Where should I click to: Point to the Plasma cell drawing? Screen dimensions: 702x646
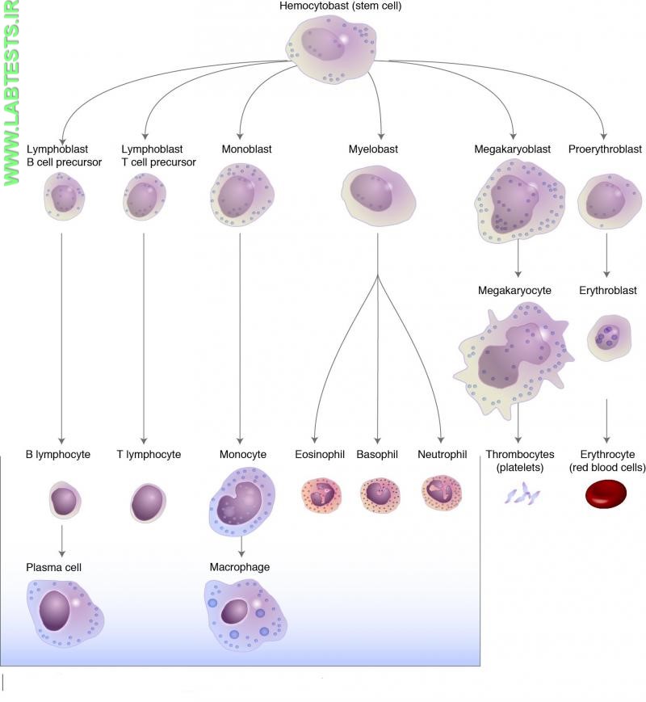(x=65, y=612)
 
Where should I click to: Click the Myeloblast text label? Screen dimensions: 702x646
(x=373, y=149)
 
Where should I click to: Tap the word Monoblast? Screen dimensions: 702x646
(x=242, y=149)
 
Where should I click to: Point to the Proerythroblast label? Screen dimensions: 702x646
(x=605, y=149)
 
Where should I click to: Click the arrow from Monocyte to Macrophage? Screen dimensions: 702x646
(x=241, y=549)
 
